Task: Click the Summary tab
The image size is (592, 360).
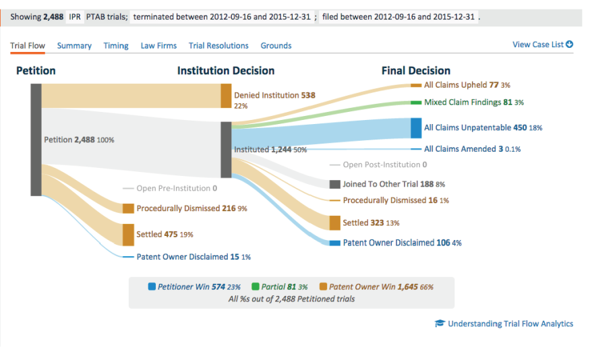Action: pyautogui.click(x=74, y=46)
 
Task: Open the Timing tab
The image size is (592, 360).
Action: pyautogui.click(x=116, y=46)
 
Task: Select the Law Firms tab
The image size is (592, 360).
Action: pyautogui.click(x=158, y=46)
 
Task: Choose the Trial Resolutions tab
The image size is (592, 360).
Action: pyautogui.click(x=218, y=46)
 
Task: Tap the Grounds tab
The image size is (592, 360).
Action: pyautogui.click(x=276, y=46)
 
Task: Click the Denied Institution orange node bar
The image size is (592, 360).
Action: pyautogui.click(x=226, y=96)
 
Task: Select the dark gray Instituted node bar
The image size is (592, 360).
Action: pyautogui.click(x=226, y=150)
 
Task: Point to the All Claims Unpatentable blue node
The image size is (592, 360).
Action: pyautogui.click(x=415, y=128)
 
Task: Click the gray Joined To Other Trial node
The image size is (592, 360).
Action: pyautogui.click(x=334, y=184)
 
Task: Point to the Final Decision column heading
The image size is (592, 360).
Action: pyautogui.click(x=415, y=71)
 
